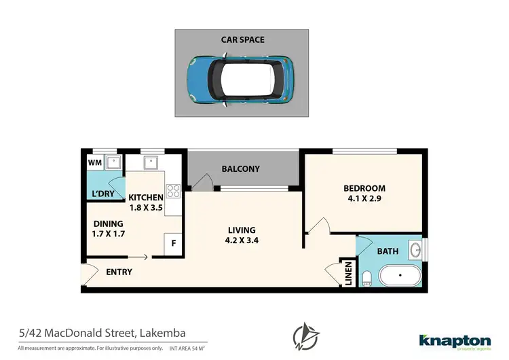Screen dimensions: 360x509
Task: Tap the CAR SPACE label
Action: point(242,40)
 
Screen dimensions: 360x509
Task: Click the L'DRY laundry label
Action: point(102,194)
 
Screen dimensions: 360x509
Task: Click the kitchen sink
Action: point(151,163)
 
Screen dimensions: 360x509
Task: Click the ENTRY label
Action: point(119,272)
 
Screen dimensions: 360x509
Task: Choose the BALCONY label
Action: point(240,169)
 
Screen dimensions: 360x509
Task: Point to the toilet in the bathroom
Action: point(366,277)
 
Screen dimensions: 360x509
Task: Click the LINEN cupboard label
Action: point(347,274)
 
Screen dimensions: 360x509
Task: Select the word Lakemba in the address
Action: point(163,333)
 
